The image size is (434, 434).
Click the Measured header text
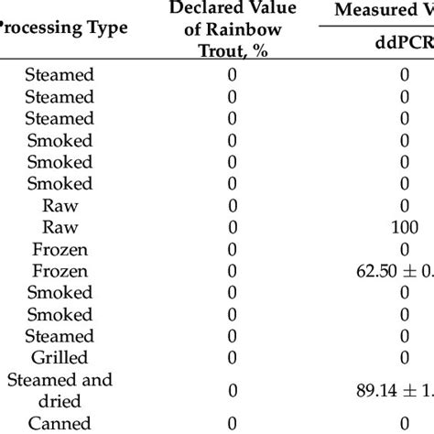pos(385,11)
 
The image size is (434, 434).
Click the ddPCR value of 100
pos(404,228)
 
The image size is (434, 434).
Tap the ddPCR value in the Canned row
pos(404,422)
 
